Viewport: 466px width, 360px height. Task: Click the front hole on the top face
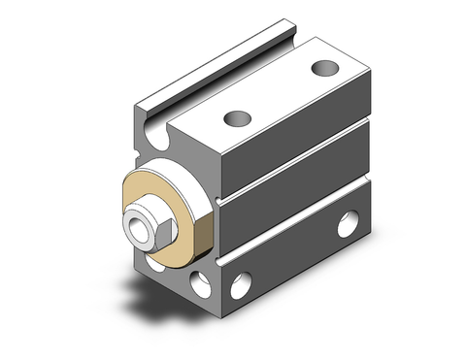pyautogui.click(x=234, y=119)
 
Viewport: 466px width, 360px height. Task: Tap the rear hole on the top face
pyautogui.click(x=323, y=69)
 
